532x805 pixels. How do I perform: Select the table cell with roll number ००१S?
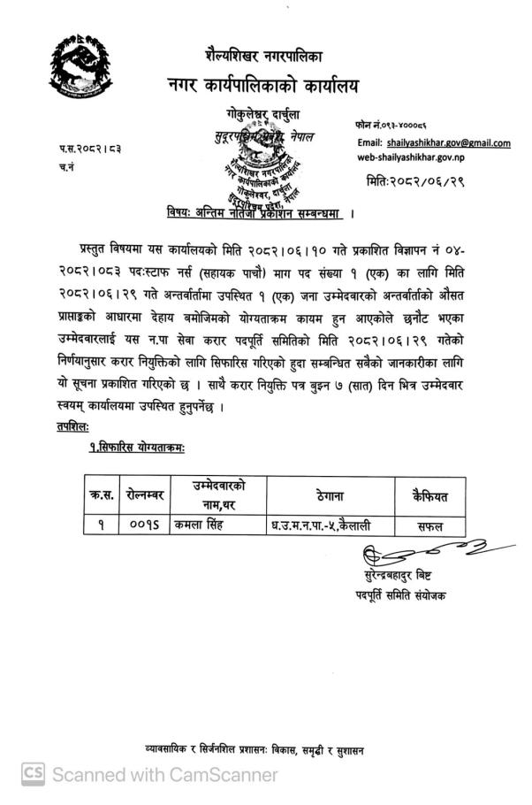pyautogui.click(x=145, y=525)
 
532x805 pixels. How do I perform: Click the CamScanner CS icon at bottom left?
pyautogui.click(x=33, y=774)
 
